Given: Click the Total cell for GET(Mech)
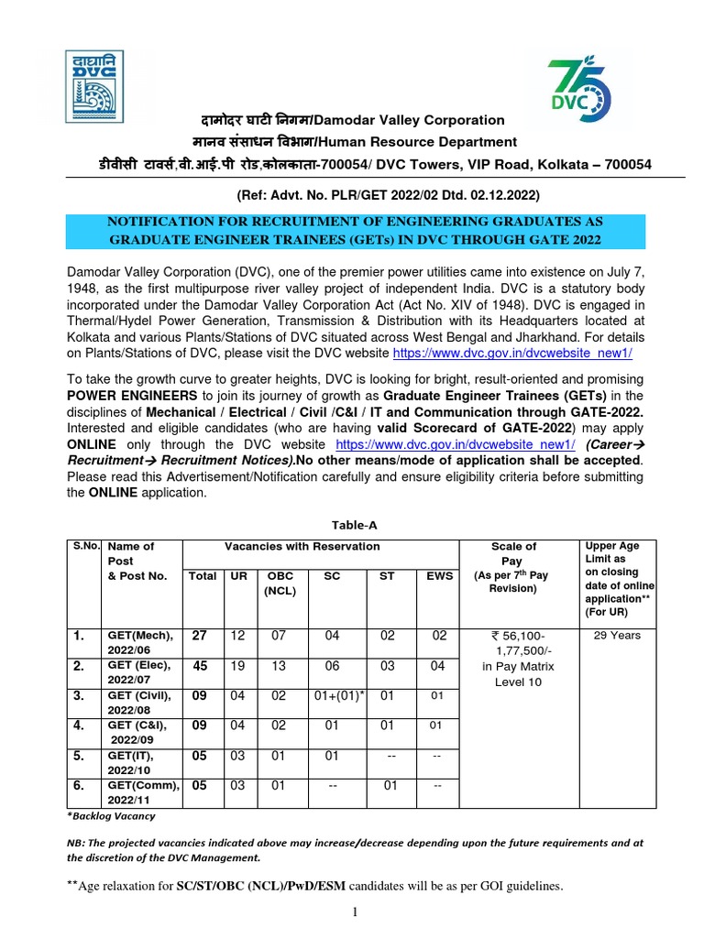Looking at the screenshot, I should point(200,636).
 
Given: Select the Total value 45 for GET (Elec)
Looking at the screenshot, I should point(200,667).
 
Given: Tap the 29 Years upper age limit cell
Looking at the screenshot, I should point(617,635).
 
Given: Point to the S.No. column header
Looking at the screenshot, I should point(86,547).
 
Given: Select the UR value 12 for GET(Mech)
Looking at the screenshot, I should point(237,636).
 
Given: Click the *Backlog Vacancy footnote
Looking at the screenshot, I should point(111,816).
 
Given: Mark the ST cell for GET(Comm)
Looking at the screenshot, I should point(390,787).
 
